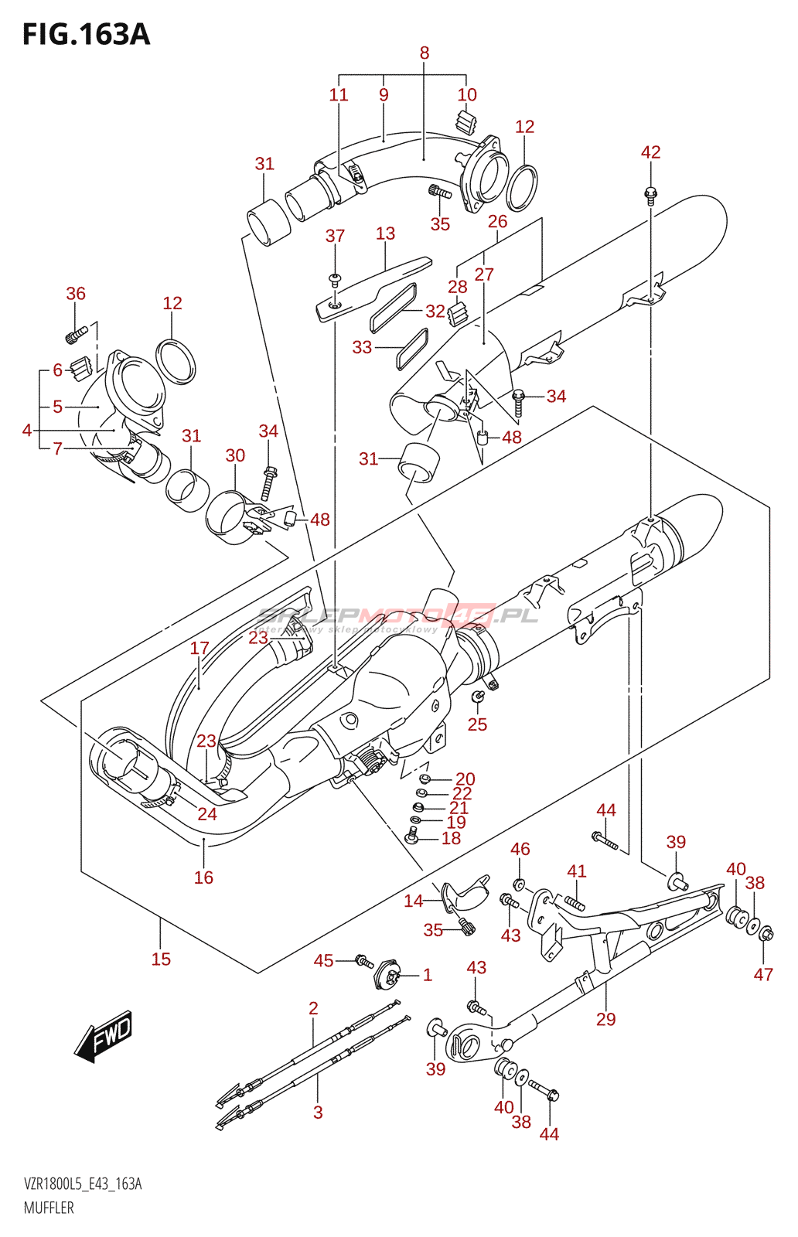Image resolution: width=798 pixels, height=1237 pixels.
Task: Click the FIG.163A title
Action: point(86,35)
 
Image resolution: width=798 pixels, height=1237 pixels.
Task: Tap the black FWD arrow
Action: point(104,1034)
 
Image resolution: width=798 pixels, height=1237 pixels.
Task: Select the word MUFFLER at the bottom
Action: point(49,1208)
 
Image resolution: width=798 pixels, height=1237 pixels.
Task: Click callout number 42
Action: point(650,152)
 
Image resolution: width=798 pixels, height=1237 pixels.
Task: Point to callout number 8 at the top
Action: point(425,53)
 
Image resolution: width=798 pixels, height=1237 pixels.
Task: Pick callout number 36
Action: point(76,294)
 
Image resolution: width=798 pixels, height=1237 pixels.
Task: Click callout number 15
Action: point(161,959)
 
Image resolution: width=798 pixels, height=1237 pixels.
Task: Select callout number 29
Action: point(605,1020)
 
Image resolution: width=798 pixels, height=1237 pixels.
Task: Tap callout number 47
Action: point(763,975)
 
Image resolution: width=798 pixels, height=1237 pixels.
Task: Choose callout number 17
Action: point(199,648)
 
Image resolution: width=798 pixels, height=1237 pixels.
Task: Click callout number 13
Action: point(385,233)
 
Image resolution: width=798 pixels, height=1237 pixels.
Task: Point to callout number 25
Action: point(477,724)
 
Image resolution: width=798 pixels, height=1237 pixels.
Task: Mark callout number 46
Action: point(520,850)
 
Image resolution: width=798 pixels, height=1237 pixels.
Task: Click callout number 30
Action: point(235,456)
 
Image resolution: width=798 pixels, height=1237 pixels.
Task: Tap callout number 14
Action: point(414,901)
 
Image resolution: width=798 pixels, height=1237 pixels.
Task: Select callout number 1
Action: point(427,975)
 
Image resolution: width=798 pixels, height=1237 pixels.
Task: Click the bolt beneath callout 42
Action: point(650,192)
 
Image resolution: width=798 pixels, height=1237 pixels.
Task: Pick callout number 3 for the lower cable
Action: point(318,1113)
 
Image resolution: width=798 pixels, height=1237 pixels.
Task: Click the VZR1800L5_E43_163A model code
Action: point(83,1184)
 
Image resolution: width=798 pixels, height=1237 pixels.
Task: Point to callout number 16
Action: point(203,877)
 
